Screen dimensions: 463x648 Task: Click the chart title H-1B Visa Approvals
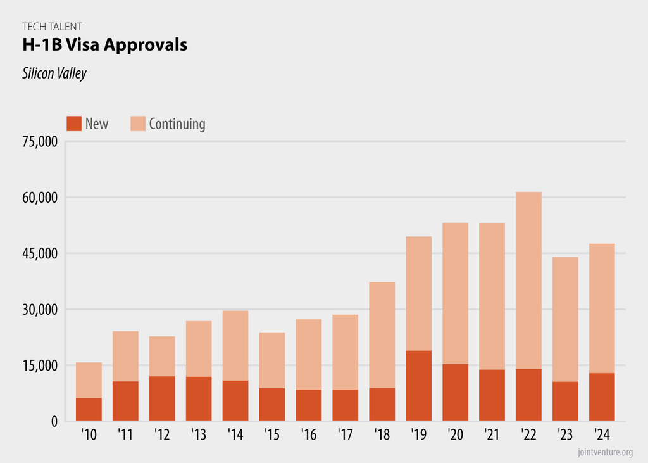(104, 46)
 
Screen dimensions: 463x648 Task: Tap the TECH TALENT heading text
(52, 27)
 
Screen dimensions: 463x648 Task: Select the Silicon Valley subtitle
(54, 73)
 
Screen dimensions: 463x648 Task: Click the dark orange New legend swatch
(74, 124)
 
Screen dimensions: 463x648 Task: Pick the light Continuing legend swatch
(138, 124)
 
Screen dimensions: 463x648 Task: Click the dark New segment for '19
(418, 386)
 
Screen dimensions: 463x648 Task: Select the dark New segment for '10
(89, 409)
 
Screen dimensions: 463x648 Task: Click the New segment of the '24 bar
(602, 397)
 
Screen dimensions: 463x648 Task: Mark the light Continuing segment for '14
(235, 345)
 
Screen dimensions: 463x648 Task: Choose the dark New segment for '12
(162, 398)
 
